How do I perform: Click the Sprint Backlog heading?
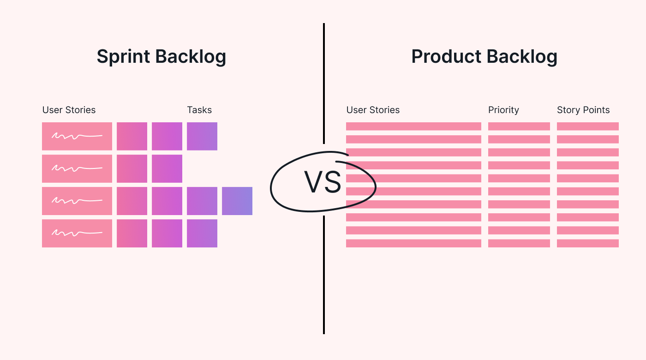point(161,57)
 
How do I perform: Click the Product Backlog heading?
point(484,57)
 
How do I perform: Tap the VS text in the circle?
point(323,182)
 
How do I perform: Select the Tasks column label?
point(199,110)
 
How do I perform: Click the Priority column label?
point(503,110)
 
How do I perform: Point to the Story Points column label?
point(583,110)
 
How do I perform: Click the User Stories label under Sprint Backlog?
point(69,110)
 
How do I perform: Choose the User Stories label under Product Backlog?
point(373,110)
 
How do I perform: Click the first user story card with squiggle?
point(77,136)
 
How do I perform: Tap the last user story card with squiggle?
point(77,233)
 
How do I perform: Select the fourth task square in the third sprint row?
point(237,201)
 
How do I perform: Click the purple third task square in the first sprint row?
point(202,136)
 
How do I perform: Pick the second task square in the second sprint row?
point(167,168)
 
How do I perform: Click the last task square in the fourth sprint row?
point(202,233)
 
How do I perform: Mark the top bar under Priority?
point(519,126)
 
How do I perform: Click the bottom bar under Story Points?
point(588,243)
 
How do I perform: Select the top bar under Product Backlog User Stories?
point(413,126)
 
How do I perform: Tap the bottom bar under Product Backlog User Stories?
point(413,243)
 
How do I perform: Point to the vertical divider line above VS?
point(324,83)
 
